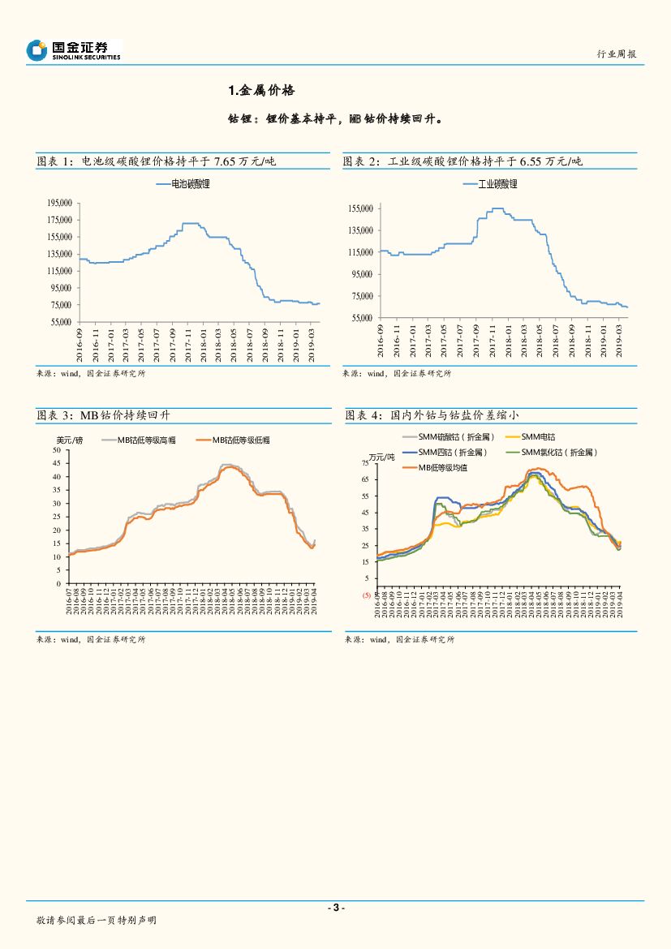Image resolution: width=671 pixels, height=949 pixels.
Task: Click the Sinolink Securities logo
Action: point(73,50)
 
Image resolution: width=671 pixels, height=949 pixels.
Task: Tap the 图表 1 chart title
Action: point(157,161)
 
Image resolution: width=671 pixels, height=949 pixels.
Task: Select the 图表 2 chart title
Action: point(462,161)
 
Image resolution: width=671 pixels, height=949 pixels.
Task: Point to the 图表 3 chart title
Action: point(103,415)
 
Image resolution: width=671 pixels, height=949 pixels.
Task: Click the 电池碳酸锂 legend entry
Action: point(184,185)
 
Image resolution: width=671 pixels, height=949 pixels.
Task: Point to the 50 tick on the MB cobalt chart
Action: point(56,450)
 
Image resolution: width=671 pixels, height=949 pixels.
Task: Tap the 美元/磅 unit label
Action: point(69,440)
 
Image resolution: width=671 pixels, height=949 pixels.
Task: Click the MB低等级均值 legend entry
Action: point(442,467)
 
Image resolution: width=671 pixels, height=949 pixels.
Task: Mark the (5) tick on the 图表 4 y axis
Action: point(366,595)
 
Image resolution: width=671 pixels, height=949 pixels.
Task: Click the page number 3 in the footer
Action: point(335,908)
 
